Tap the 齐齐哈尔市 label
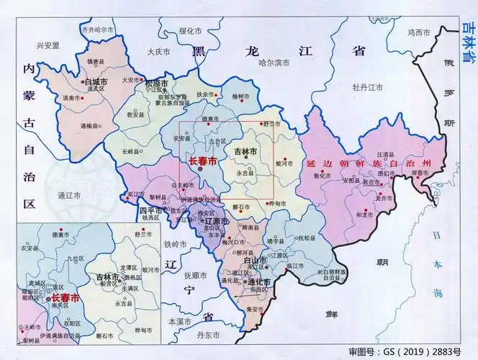tap(99, 30)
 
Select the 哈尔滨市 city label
tap(274, 63)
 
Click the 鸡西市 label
tap(418, 32)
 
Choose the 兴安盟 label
tap(48, 45)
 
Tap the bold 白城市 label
tap(96, 82)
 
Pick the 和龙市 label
tap(366, 214)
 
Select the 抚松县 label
tap(307, 238)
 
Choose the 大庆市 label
tap(158, 52)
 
